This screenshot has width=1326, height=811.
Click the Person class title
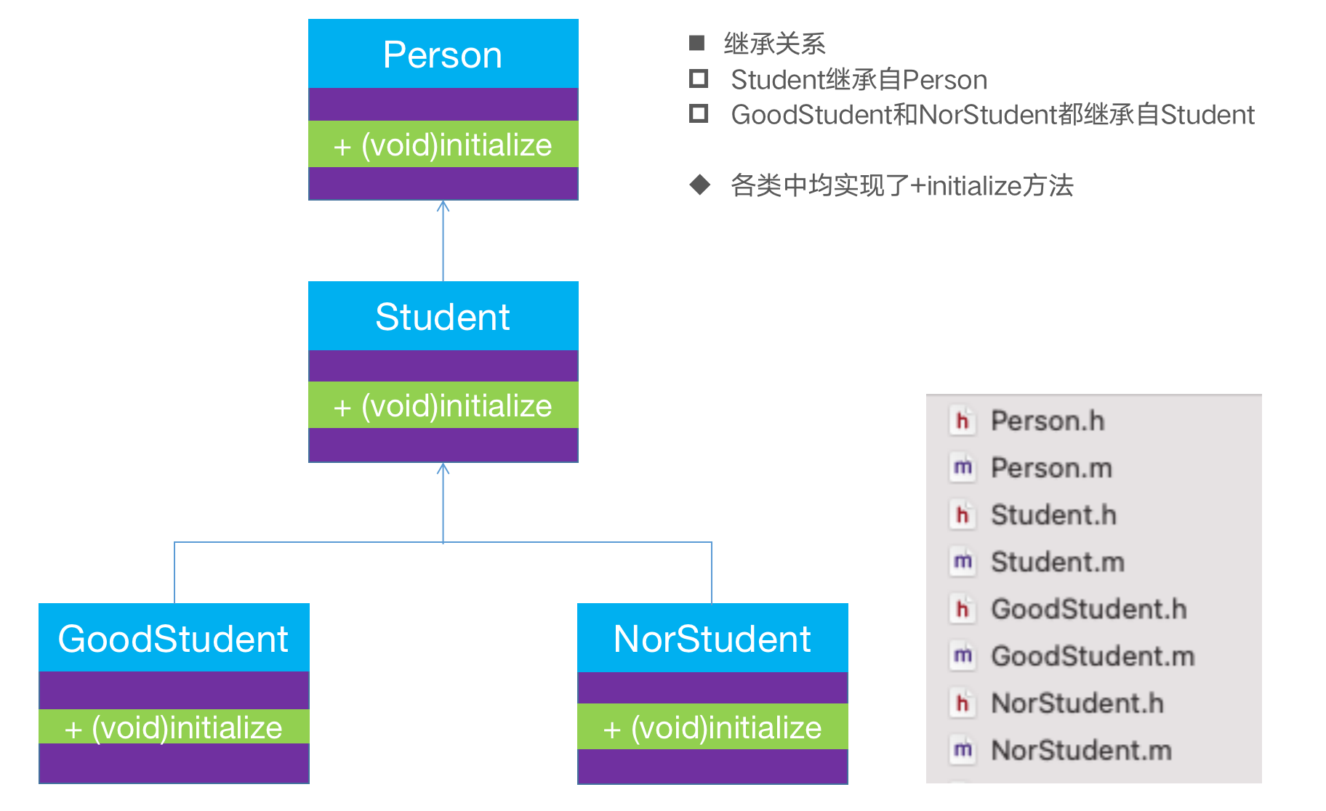(443, 55)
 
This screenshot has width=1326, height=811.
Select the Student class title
(443, 317)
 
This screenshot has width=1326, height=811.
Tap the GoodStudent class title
(173, 639)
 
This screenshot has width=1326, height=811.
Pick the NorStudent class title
(712, 639)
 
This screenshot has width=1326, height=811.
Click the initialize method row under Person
(443, 145)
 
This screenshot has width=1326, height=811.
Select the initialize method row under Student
(443, 405)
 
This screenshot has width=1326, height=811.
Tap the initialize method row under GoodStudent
(173, 727)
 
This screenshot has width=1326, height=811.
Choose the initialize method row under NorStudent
(712, 727)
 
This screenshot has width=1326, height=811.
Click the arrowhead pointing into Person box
(443, 206)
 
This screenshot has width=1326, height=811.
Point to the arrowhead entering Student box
(443, 468)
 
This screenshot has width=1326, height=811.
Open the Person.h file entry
(1047, 421)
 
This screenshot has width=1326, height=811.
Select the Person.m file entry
(1051, 468)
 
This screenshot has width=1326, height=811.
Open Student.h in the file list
(1053, 515)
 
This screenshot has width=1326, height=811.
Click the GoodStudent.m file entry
(1093, 656)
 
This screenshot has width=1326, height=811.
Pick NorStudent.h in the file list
(1077, 703)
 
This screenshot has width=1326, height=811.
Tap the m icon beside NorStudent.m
(963, 750)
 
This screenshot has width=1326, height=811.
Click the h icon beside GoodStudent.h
(963, 609)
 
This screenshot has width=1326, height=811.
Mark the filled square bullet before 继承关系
(696, 43)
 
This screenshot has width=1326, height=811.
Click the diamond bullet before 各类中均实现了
(699, 185)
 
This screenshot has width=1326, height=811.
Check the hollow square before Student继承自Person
(699, 78)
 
